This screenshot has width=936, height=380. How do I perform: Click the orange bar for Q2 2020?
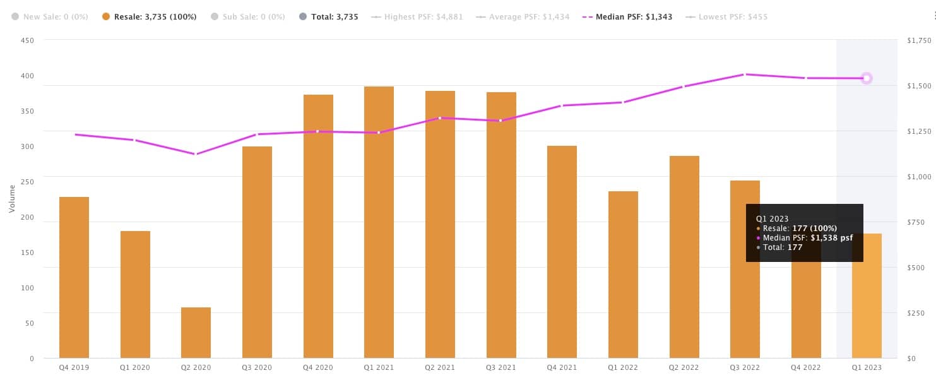pyautogui.click(x=196, y=333)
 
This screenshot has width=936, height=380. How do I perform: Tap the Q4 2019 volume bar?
pyautogui.click(x=74, y=278)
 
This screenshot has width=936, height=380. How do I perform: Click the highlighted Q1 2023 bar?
pyautogui.click(x=867, y=297)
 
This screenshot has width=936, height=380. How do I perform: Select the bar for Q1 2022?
pyautogui.click(x=623, y=275)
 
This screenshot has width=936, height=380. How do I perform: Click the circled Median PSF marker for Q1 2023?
pyautogui.click(x=867, y=78)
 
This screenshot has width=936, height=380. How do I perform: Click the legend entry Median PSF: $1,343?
pyautogui.click(x=634, y=17)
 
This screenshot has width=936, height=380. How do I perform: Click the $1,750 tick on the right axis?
pyautogui.click(x=917, y=40)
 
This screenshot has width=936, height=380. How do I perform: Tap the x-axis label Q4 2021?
pyautogui.click(x=562, y=367)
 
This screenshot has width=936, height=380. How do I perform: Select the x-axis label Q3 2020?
pyautogui.click(x=257, y=367)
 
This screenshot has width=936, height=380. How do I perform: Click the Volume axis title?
pyautogui.click(x=12, y=199)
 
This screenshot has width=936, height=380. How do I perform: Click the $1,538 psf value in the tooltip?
pyautogui.click(x=832, y=238)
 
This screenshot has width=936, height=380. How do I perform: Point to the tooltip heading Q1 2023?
pyautogui.click(x=772, y=218)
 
